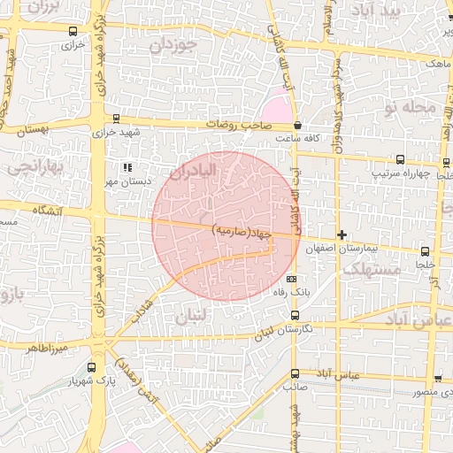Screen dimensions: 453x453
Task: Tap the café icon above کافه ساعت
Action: (x=297, y=126)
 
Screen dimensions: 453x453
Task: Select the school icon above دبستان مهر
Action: (x=127, y=166)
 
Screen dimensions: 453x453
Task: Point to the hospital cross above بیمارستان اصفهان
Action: (x=342, y=234)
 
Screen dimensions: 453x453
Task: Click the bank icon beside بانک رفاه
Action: (x=292, y=280)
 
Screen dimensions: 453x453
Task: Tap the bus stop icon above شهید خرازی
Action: (x=116, y=119)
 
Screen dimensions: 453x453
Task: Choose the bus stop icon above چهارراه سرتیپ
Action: (x=400, y=160)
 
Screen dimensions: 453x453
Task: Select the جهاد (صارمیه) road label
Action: (x=241, y=232)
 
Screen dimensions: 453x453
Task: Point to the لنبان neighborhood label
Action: (x=192, y=316)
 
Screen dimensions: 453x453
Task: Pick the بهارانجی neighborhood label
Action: (x=32, y=165)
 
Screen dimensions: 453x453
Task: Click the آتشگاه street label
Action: (x=51, y=211)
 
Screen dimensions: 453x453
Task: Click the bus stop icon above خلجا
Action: (x=426, y=252)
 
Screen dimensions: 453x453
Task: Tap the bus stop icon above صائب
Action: (x=295, y=374)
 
